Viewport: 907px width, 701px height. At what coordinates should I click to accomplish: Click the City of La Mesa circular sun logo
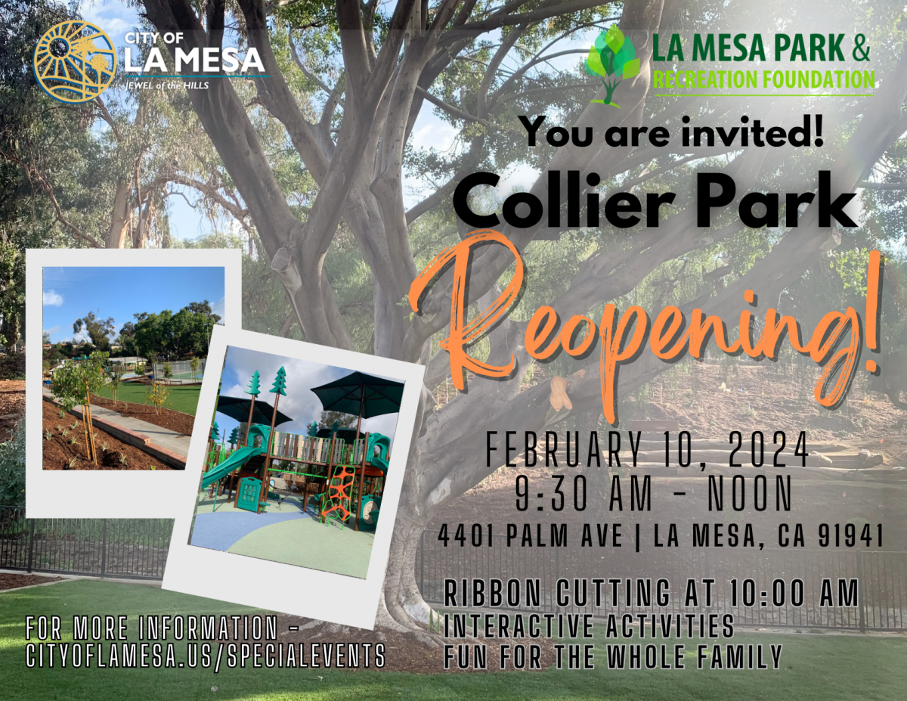point(74,62)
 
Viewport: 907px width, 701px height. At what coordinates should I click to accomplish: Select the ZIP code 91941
point(850,535)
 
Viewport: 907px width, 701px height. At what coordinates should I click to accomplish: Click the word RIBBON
point(493,592)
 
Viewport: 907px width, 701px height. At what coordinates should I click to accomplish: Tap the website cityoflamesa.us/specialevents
point(206,656)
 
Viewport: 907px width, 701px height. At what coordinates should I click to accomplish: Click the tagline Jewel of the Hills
point(167,85)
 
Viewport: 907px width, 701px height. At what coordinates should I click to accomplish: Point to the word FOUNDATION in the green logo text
point(817,79)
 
